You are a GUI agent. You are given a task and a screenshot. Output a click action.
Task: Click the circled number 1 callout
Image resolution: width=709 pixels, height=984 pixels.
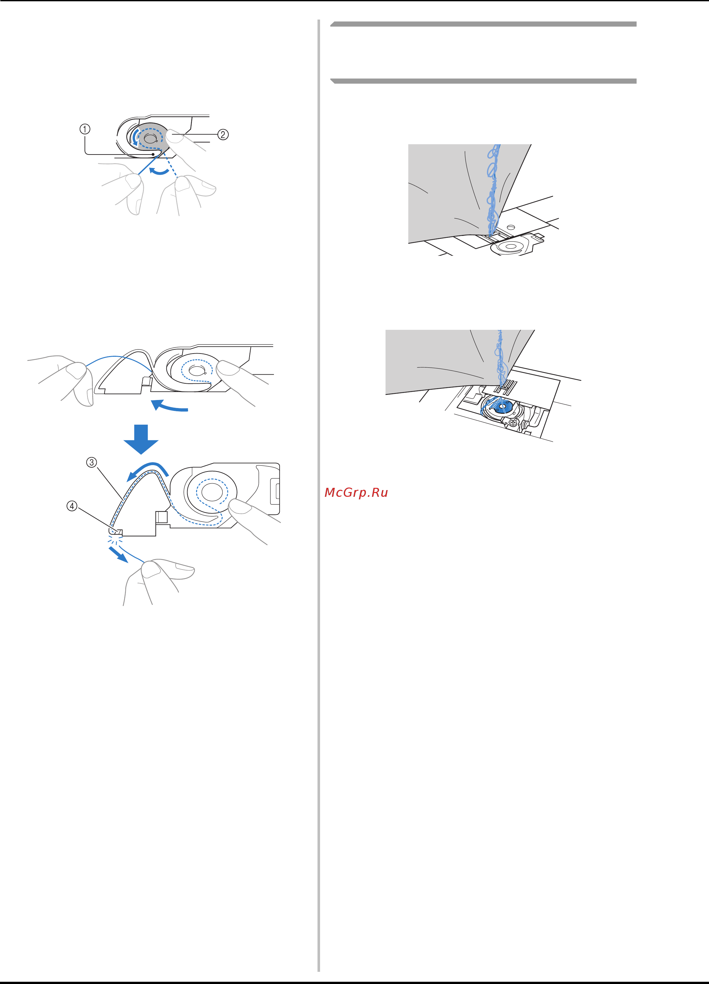click(85, 129)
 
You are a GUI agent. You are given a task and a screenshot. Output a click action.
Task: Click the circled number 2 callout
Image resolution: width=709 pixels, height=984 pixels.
click(223, 135)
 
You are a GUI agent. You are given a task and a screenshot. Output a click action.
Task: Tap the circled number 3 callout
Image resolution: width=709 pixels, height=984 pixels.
click(92, 463)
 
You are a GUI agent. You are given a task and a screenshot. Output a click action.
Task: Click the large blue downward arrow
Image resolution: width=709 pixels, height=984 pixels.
click(141, 439)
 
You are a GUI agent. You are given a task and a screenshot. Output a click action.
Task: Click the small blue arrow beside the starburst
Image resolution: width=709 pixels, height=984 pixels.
click(118, 555)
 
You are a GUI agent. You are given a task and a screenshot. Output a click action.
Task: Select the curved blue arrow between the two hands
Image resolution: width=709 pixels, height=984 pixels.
click(159, 172)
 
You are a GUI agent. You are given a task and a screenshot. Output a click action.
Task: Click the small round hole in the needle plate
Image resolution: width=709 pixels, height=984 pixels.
click(511, 227)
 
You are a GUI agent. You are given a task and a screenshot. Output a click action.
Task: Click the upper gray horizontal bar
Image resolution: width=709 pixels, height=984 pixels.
click(483, 24)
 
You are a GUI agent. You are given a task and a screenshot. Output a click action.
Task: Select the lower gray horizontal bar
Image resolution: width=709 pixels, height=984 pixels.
click(483, 81)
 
